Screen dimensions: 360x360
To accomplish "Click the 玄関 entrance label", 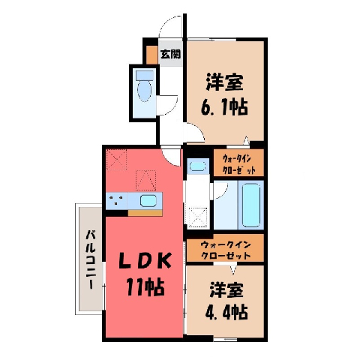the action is click(171, 54).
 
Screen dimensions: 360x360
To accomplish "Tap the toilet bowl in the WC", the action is click(144, 91).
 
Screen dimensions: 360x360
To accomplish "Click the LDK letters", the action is click(145, 260).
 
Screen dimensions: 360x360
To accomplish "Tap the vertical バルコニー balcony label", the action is click(91, 259).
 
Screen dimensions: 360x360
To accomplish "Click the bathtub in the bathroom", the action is click(250, 205).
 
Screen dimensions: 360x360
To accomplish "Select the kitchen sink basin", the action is click(148, 200).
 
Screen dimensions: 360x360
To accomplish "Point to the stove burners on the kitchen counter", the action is click(116, 200).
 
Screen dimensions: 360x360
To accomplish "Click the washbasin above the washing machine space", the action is click(198, 166).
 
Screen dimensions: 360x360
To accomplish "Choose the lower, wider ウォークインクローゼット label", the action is click(226, 250).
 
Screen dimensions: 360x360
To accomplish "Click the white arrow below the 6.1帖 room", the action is click(247, 140).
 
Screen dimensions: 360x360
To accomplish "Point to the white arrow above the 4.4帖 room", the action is click(233, 270).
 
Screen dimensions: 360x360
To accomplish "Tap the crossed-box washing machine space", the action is click(198, 217).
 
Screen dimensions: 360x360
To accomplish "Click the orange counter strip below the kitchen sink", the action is click(145, 213).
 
